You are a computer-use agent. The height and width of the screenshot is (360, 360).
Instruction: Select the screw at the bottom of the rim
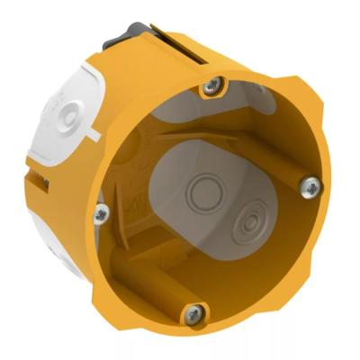[x=193, y=312]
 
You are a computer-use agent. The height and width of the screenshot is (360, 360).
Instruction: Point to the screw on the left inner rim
[x=102, y=213]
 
